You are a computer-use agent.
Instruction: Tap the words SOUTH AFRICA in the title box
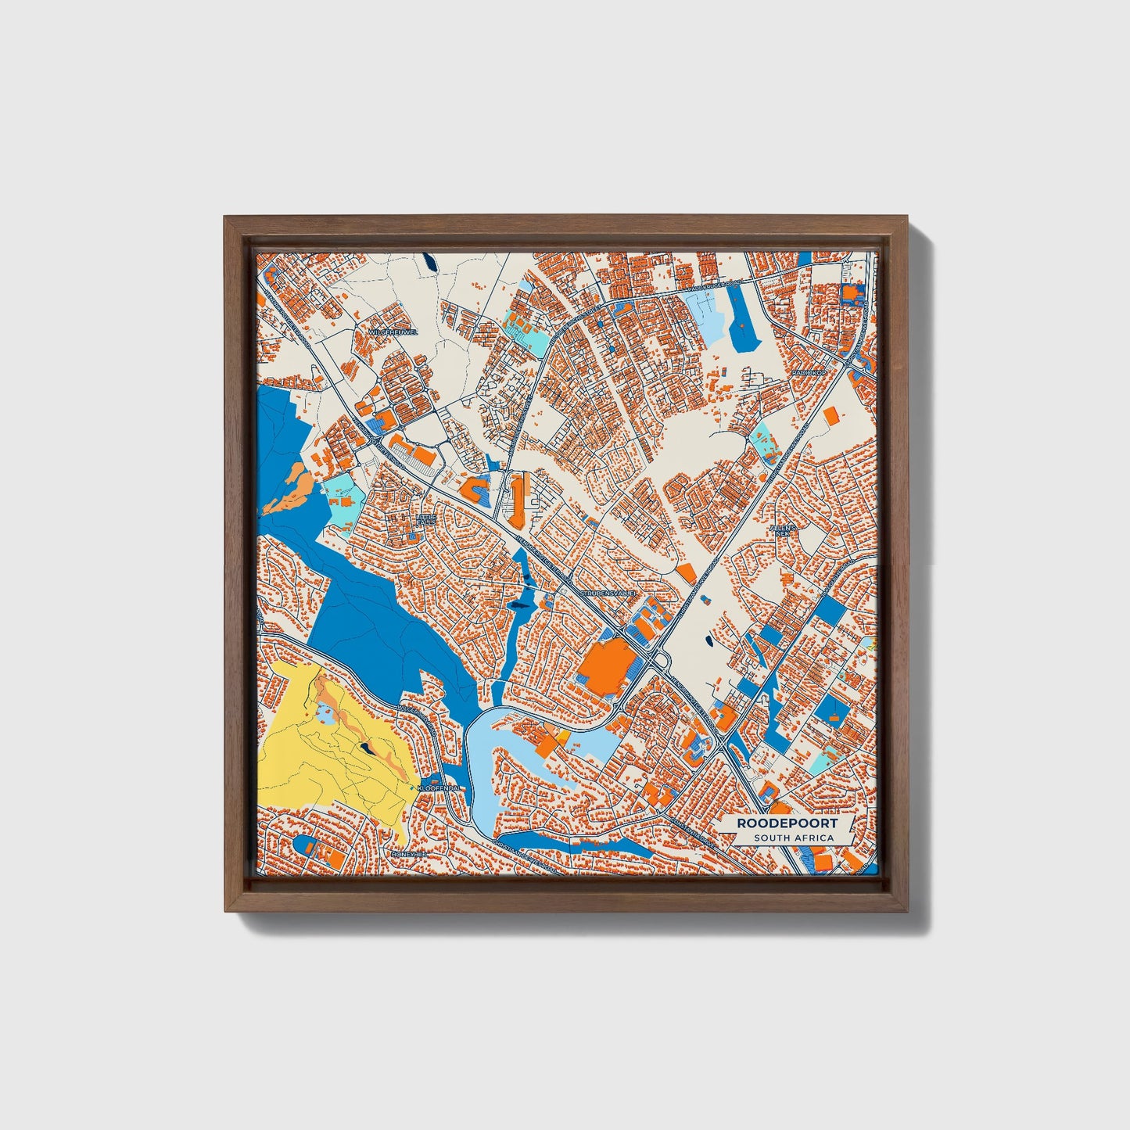click(794, 838)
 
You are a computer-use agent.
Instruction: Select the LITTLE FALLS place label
click(426, 519)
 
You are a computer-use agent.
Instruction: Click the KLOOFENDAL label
click(443, 788)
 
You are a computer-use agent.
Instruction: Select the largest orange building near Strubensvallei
click(607, 666)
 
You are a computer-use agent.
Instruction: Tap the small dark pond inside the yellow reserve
click(366, 748)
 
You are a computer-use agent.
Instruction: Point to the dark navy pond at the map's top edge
click(429, 262)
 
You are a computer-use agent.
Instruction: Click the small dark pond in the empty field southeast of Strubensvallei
click(708, 641)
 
